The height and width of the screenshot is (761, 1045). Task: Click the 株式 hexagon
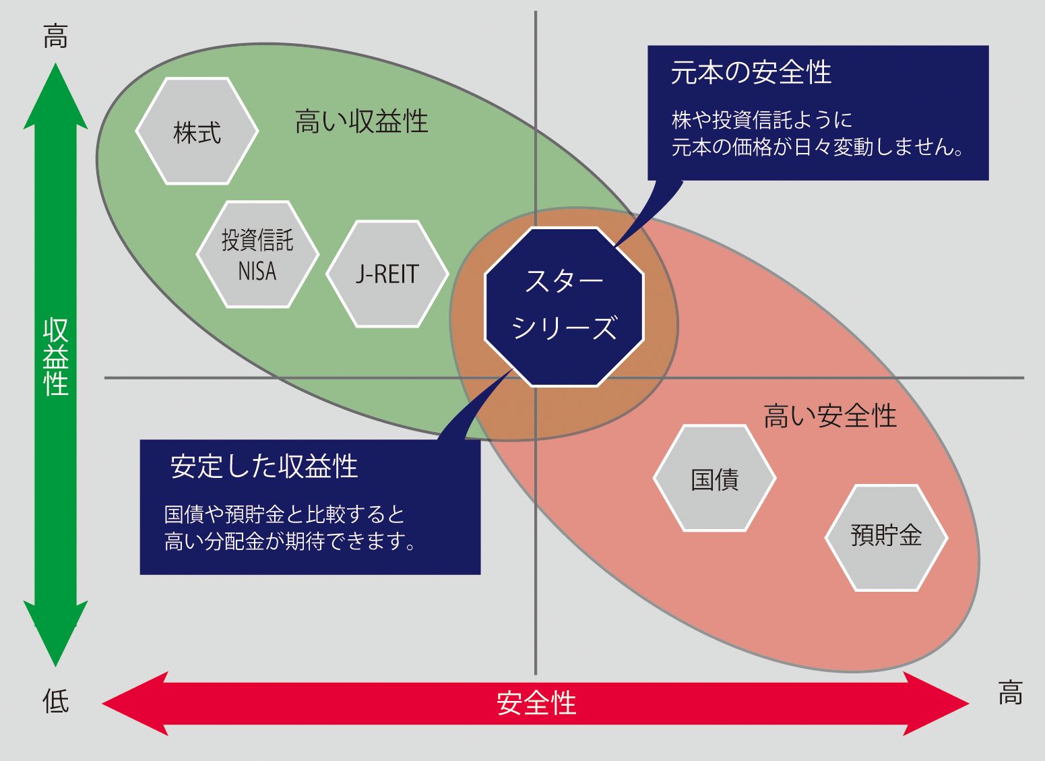[x=197, y=131]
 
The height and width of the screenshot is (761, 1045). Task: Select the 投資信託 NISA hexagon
[x=257, y=255]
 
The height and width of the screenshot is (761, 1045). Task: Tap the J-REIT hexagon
[x=387, y=274]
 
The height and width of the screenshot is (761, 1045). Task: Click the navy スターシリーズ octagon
[x=565, y=307]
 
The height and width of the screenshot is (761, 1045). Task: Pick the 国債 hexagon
[x=715, y=479]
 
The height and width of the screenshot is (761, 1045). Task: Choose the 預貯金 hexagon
[x=886, y=537]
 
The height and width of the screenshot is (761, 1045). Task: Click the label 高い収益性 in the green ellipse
[x=362, y=122]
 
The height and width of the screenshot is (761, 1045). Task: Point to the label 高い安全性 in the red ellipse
[x=830, y=416]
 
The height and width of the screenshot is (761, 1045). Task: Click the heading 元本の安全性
[x=751, y=73]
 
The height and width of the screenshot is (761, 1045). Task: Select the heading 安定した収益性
[x=264, y=466]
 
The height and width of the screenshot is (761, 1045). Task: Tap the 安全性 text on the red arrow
[x=536, y=704]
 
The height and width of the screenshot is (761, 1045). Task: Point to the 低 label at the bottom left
[x=56, y=701]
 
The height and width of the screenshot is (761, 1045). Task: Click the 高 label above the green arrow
[x=56, y=36]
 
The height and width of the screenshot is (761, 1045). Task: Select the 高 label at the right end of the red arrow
[x=1010, y=693]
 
